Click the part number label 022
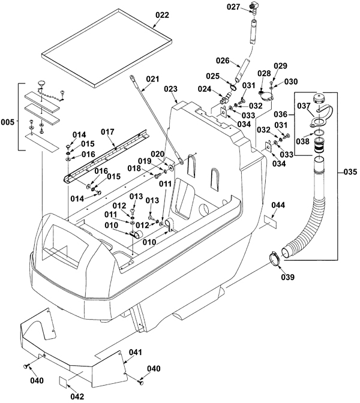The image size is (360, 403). click(162, 15)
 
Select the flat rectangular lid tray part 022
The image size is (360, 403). click(107, 49)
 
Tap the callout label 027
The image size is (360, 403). click(233, 7)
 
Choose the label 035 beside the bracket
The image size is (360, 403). click(350, 172)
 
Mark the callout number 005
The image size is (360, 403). click(7, 122)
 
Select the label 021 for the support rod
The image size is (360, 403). click(153, 79)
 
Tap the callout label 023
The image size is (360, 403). click(171, 89)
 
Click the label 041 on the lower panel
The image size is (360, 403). click(135, 352)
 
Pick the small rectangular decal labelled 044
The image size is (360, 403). click(271, 222)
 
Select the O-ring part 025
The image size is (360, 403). click(233, 88)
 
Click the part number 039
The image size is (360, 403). click(287, 277)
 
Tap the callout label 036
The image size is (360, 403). click(280, 114)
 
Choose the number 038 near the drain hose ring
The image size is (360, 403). click(302, 141)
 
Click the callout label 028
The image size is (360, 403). click(264, 74)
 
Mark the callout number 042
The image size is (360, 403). click(77, 396)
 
